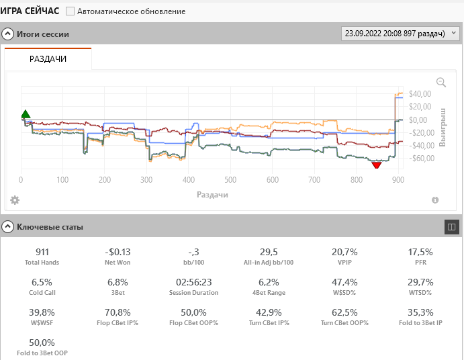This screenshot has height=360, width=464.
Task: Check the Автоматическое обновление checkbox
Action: (71, 11)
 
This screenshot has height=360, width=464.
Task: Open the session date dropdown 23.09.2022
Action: (401, 33)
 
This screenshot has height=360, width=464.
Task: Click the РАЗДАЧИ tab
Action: (48, 59)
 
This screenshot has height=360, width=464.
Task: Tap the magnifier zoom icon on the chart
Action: (441, 82)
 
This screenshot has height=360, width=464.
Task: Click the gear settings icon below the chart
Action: (15, 200)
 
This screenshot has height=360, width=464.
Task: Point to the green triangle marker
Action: (26, 114)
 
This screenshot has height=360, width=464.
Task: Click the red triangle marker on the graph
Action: (376, 165)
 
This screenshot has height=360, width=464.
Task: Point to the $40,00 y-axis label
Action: (419, 94)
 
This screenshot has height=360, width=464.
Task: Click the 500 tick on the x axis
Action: (230, 180)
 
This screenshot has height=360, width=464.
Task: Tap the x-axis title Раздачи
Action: (212, 194)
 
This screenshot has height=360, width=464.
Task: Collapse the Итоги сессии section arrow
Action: (8, 34)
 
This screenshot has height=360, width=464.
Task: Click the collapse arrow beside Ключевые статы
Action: (8, 226)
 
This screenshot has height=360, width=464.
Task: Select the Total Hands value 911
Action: (42, 252)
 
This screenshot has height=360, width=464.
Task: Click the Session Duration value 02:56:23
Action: (193, 282)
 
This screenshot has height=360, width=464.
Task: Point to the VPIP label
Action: (344, 263)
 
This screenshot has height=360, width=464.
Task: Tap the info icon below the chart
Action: (435, 200)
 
